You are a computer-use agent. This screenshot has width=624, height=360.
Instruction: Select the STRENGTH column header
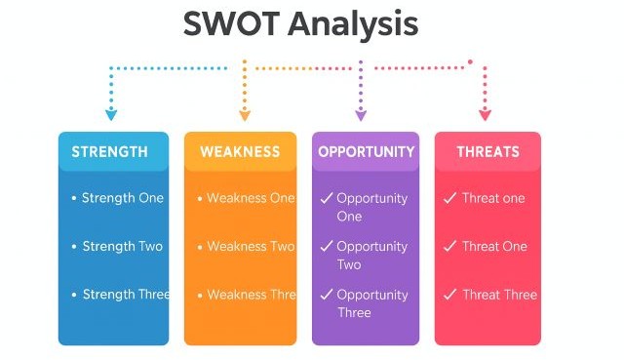(110, 152)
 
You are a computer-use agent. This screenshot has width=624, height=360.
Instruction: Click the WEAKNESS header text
(240, 152)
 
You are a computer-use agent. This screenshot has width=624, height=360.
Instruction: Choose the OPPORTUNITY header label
(366, 152)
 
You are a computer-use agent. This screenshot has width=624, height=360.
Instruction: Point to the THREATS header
(488, 152)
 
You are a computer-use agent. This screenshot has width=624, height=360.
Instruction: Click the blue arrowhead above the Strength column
(111, 115)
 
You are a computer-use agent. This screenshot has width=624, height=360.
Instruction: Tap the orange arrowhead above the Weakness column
(245, 115)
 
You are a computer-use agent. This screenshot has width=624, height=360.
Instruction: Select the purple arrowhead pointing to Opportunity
(361, 115)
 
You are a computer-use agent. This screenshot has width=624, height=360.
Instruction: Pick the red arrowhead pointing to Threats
(486, 115)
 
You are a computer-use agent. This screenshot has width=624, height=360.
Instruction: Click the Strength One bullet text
(123, 198)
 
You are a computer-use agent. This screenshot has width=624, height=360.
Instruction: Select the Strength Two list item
(123, 247)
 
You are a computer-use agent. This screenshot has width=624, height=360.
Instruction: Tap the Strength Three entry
(126, 295)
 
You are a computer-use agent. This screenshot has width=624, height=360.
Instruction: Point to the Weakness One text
(251, 198)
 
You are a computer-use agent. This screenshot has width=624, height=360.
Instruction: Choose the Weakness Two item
(251, 247)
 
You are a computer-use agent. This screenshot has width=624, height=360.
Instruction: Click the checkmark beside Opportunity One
(327, 198)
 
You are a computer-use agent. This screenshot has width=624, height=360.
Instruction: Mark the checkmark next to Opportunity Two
(327, 247)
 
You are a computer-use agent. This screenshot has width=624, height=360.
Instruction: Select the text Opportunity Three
(371, 303)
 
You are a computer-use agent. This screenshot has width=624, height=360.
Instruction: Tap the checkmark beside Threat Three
(449, 295)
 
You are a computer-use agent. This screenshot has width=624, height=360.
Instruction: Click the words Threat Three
(499, 295)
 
